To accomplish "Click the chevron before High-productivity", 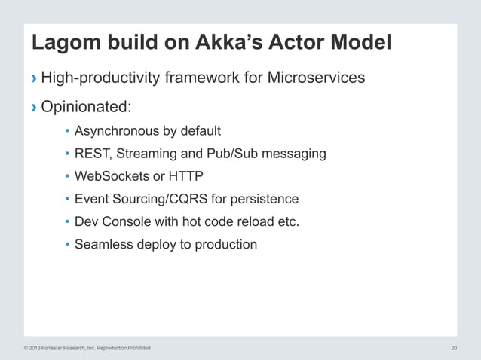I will point(33,78).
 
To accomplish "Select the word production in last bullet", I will point(224,244).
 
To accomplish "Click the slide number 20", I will point(454,348).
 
